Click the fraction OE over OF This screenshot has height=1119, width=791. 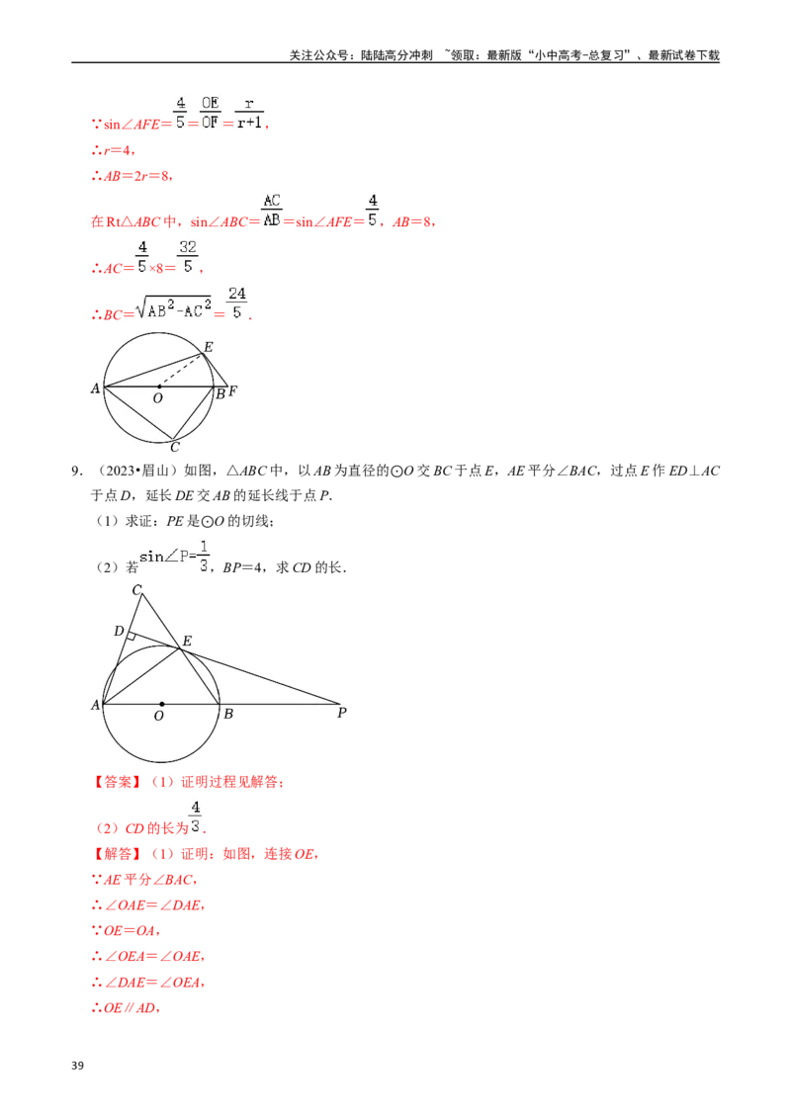coord(209,112)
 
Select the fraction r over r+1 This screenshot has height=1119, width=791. coord(249,112)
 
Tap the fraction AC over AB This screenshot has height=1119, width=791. coord(272,210)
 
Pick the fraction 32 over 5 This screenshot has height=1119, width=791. coord(188,258)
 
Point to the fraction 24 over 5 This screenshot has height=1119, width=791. coord(236,302)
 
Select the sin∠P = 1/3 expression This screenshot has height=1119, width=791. coord(174,556)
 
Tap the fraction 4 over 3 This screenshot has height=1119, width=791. coord(196,818)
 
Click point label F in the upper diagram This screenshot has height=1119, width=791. coord(232,391)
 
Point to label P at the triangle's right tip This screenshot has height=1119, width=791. coord(341,712)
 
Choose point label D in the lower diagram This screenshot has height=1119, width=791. coord(119,631)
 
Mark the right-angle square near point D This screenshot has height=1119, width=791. coord(130,638)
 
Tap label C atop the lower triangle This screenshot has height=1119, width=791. coord(136,590)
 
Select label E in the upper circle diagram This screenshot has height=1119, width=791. coord(208,347)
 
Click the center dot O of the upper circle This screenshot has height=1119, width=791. coord(159,387)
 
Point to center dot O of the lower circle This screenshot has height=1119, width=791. coord(161,704)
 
